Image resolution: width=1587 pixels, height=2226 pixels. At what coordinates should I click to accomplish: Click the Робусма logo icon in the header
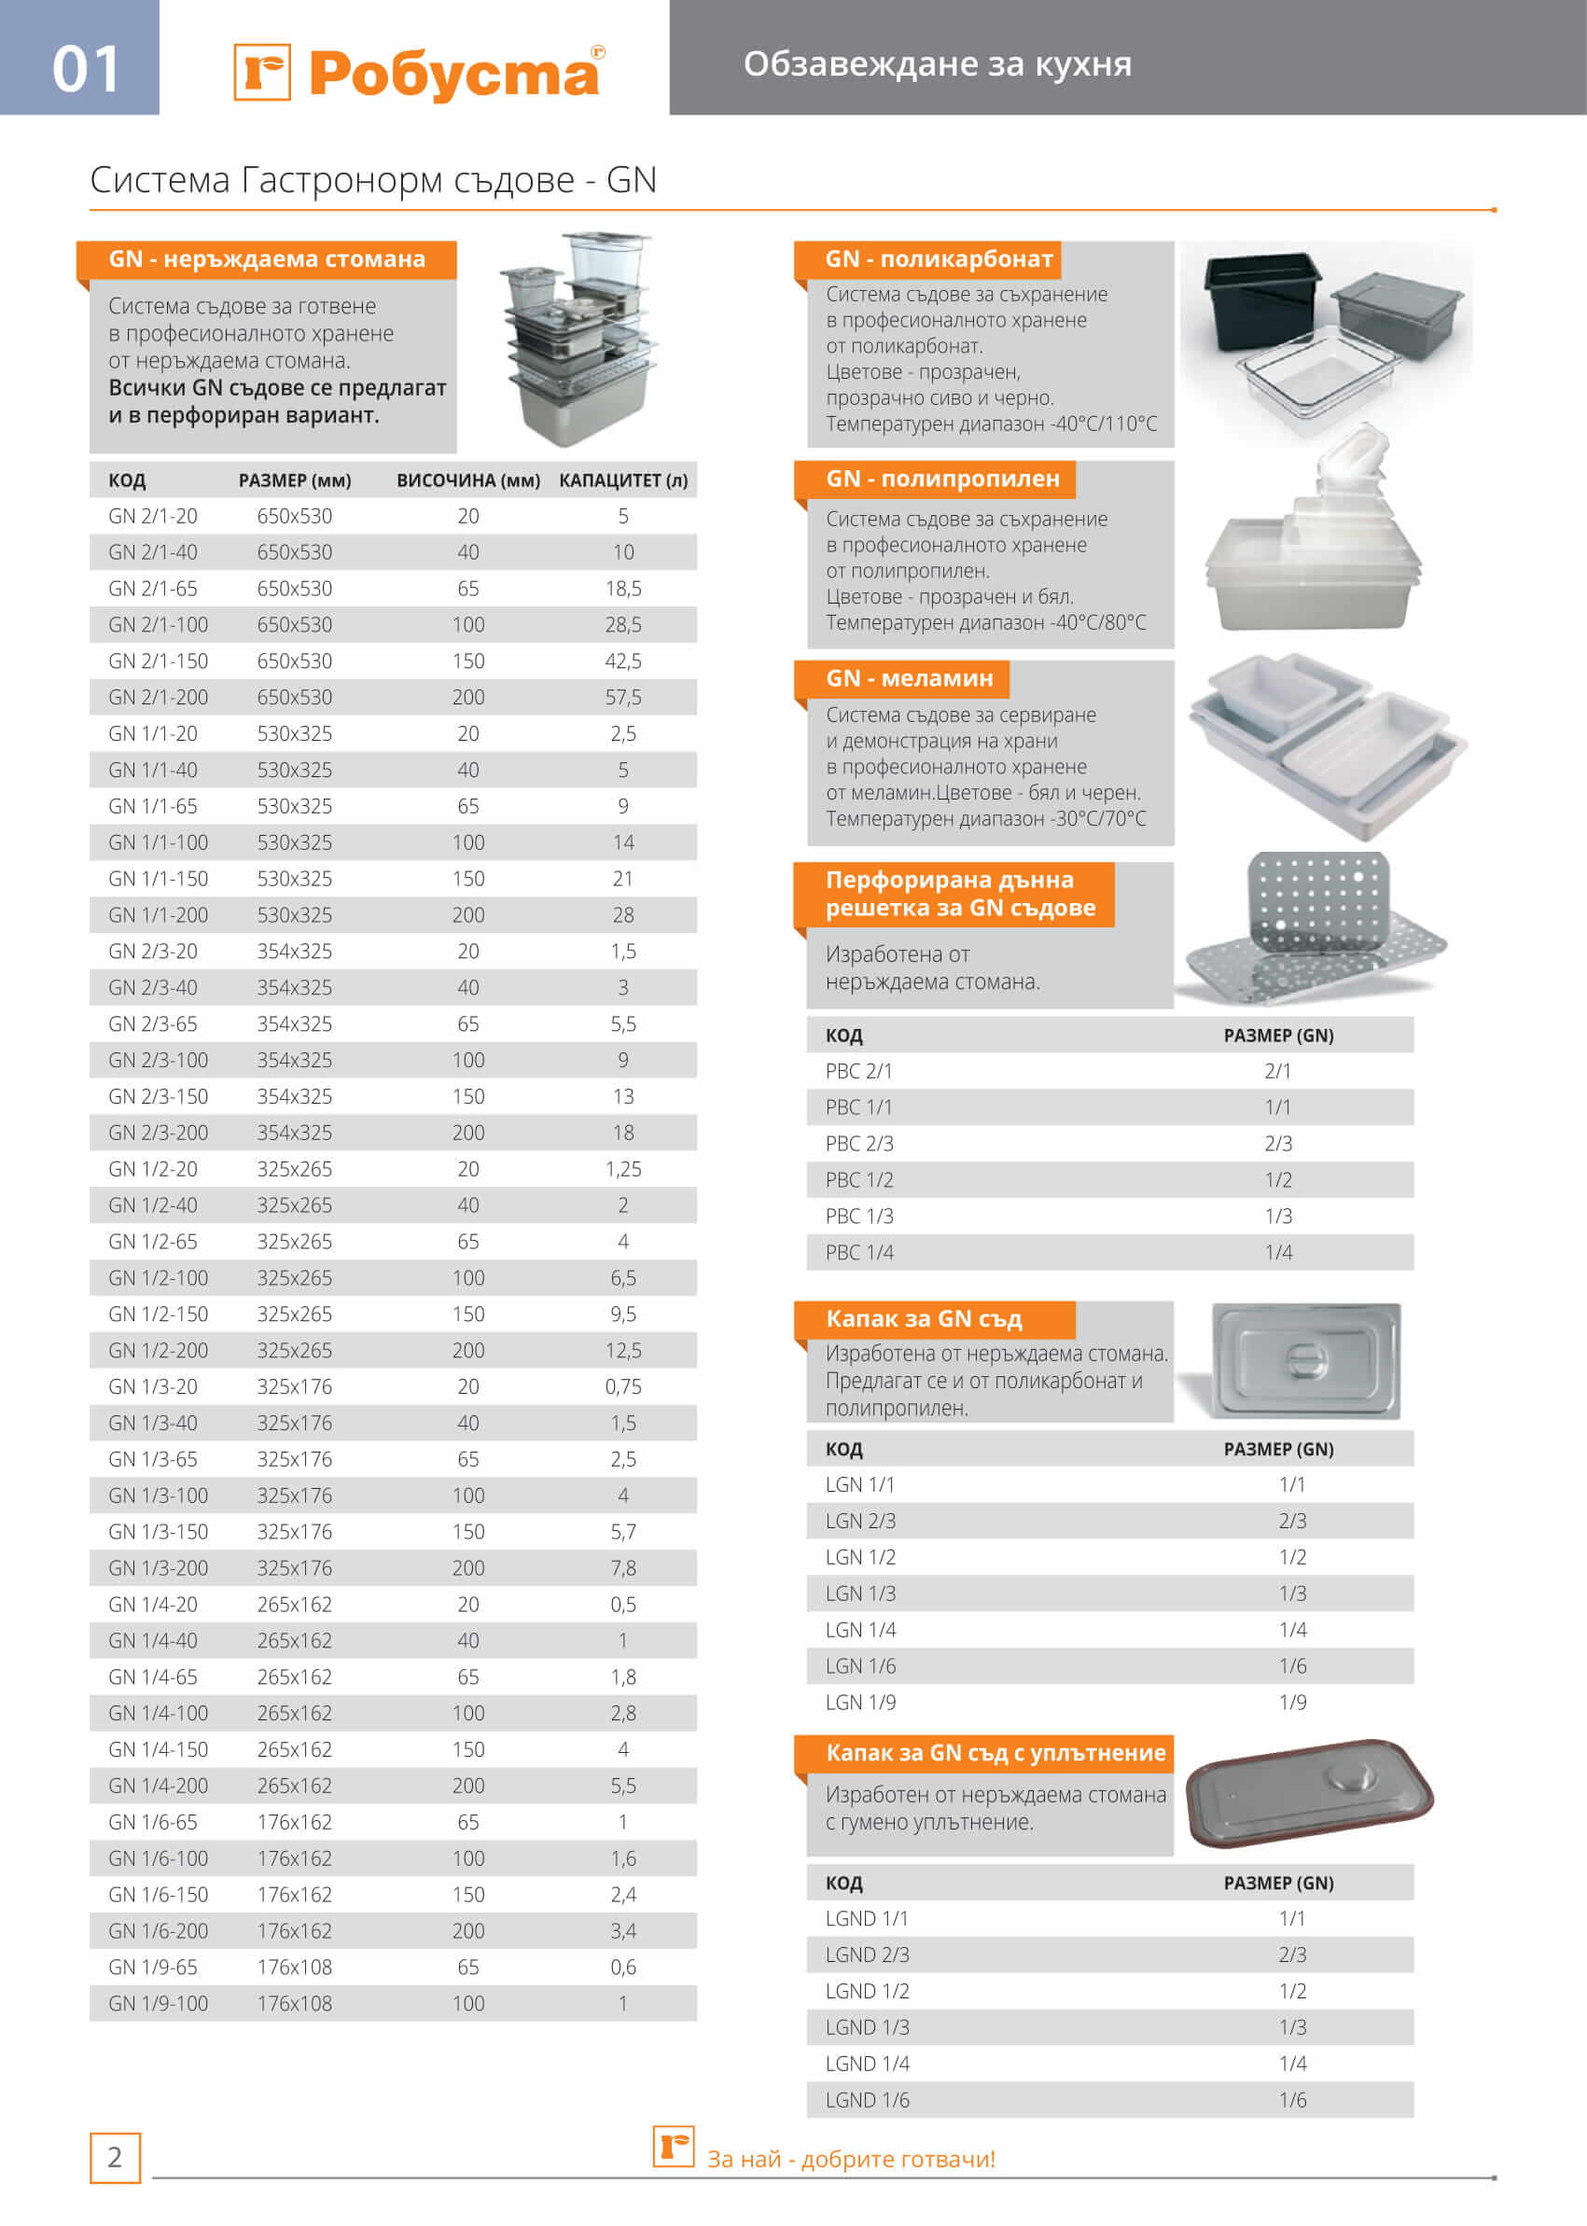click(262, 71)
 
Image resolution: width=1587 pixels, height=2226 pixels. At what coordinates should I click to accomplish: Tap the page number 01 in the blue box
click(85, 69)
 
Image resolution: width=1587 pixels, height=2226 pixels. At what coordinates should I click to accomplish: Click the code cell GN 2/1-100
click(158, 624)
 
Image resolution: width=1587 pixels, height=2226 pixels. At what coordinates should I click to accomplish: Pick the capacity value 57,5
click(622, 697)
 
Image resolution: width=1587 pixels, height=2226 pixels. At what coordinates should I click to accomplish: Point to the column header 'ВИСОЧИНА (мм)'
click(468, 480)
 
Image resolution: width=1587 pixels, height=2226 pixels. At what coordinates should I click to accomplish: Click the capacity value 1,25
click(622, 1169)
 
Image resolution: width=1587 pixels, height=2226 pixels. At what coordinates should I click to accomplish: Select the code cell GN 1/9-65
click(152, 1967)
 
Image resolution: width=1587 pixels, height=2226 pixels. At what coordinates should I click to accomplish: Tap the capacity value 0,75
click(622, 1386)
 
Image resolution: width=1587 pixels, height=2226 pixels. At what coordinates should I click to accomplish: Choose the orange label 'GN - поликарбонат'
click(939, 259)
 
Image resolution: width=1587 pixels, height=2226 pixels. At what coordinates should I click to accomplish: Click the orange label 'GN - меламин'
click(909, 678)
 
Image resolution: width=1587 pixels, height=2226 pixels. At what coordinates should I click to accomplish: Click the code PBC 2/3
click(859, 1143)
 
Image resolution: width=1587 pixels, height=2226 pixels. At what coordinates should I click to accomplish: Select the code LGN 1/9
click(860, 1703)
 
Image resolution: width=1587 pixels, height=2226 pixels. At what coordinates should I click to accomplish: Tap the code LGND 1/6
click(867, 2100)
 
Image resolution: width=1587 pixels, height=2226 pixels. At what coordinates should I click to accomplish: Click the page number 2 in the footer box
click(115, 2158)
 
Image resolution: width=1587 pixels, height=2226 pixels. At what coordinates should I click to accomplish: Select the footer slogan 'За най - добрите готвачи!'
click(850, 2160)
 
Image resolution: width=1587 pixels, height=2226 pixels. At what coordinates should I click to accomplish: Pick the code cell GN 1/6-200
click(158, 1931)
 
